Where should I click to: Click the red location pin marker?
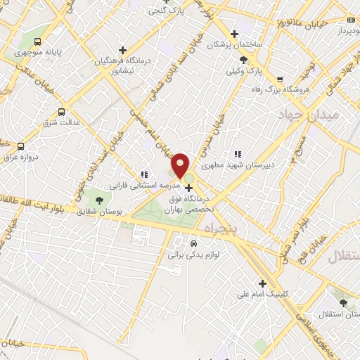coord(181,166)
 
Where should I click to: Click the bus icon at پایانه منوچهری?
coord(37,41)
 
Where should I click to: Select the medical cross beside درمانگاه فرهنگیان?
coord(123,50)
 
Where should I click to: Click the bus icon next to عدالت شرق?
coord(61,112)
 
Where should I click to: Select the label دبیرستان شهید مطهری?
coord(237,167)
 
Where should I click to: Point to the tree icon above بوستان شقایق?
coord(98,202)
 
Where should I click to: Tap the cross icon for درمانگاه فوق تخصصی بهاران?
coord(188,188)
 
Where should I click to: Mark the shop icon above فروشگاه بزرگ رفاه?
coord(281,79)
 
